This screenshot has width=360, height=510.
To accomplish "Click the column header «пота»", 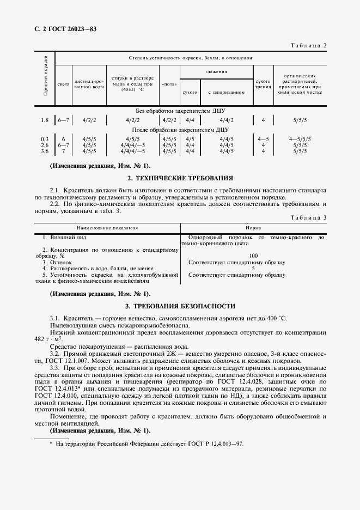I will [x=169, y=84].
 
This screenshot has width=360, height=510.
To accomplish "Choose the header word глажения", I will [x=216, y=71].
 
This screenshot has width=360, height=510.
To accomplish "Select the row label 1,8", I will [x=45, y=119].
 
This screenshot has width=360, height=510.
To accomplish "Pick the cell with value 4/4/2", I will [x=227, y=119].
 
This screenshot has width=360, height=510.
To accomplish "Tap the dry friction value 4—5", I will [x=264, y=139].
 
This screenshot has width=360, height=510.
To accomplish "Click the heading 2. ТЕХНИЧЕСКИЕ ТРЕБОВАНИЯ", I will [x=180, y=178].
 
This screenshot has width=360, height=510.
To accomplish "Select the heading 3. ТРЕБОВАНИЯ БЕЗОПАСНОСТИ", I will [x=180, y=306].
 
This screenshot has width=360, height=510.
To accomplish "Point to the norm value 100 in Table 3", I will [x=253, y=256].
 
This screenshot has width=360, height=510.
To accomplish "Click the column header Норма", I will [x=253, y=228].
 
